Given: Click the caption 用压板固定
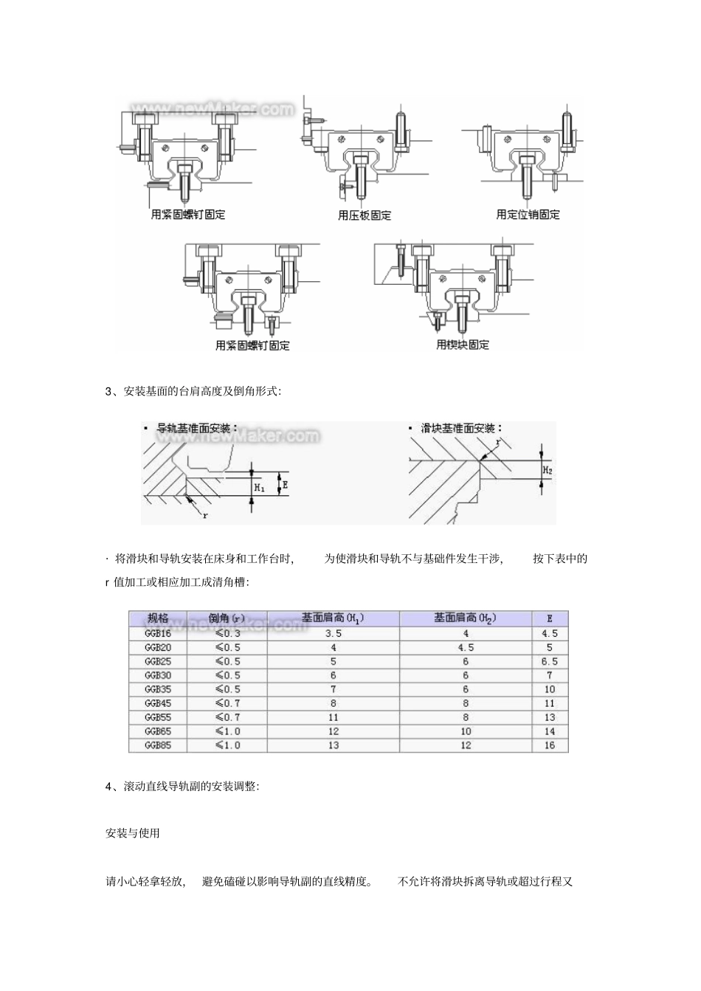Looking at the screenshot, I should [365, 215].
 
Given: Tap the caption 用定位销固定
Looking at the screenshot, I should [528, 215].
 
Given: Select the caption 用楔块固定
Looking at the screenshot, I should [463, 345].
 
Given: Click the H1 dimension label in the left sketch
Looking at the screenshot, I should [259, 487].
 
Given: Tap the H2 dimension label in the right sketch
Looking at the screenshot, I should [548, 469].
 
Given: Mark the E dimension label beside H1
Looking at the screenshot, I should [284, 485].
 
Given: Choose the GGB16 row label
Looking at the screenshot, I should [158, 633].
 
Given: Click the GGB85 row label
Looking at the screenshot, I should [158, 745].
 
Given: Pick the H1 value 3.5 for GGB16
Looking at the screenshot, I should [333, 633].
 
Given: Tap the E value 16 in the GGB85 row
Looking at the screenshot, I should [549, 745].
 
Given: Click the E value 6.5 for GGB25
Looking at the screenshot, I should [549, 661].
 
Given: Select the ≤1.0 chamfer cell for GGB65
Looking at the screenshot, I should [227, 731].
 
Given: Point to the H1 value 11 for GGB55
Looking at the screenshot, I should [333, 717].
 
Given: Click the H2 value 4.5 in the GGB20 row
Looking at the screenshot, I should [465, 647].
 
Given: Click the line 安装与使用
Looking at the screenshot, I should [133, 833].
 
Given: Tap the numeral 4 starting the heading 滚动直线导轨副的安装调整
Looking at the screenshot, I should [108, 787].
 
